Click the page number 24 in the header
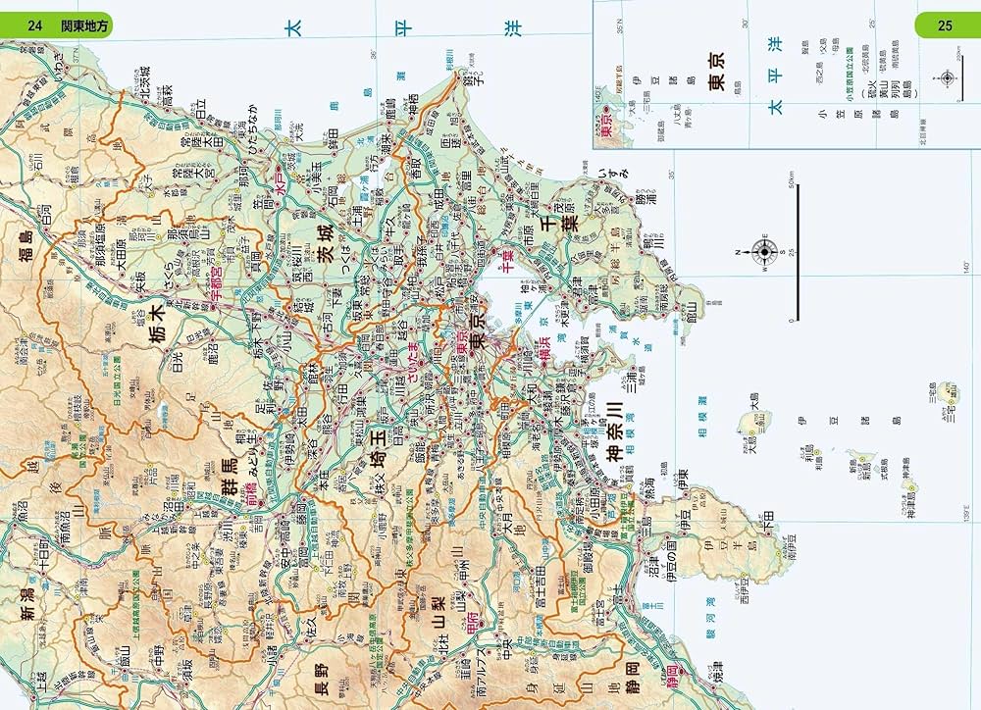click(x=35, y=25)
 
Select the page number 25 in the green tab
click(x=945, y=25)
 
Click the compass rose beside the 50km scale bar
click(x=764, y=251)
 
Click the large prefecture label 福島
click(x=26, y=249)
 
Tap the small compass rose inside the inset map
click(x=947, y=79)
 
